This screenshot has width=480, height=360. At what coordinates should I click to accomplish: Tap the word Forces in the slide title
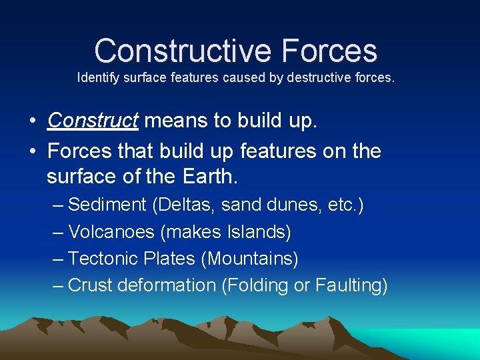[329, 51]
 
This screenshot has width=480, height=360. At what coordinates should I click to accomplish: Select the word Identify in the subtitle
[97, 78]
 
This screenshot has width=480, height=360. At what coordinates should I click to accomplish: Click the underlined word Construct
[93, 121]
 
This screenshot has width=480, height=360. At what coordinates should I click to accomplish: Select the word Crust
[91, 285]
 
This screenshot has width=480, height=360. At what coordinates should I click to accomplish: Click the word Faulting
[349, 285]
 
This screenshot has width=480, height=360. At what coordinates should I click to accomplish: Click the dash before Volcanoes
[58, 232]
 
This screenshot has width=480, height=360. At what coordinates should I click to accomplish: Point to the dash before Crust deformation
[58, 285]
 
